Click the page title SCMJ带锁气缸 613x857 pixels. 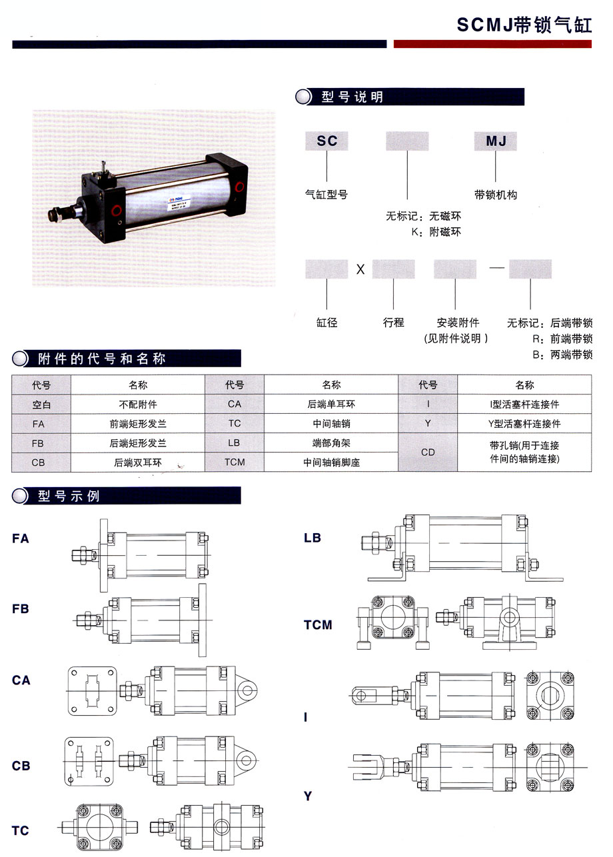[x=524, y=25]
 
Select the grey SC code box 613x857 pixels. [x=326, y=141]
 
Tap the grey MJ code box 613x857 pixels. [x=496, y=141]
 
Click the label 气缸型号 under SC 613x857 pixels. [x=326, y=195]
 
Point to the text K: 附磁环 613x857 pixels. [x=436, y=231]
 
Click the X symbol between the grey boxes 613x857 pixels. [x=360, y=269]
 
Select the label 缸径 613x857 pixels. [x=326, y=323]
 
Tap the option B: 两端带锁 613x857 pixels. [x=562, y=355]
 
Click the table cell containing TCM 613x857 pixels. [x=235, y=462]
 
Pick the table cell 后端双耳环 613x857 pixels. [x=138, y=462]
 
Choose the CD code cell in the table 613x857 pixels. [x=428, y=452]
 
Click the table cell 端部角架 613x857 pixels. [x=331, y=443]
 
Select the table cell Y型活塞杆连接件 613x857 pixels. [x=524, y=424]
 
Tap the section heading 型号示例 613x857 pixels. [x=69, y=496]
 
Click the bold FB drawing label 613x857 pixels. [x=20, y=608]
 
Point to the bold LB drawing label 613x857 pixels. [x=312, y=538]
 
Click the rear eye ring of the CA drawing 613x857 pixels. [x=247, y=690]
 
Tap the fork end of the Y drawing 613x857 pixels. [x=366, y=768]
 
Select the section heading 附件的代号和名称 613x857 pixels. [x=102, y=359]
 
